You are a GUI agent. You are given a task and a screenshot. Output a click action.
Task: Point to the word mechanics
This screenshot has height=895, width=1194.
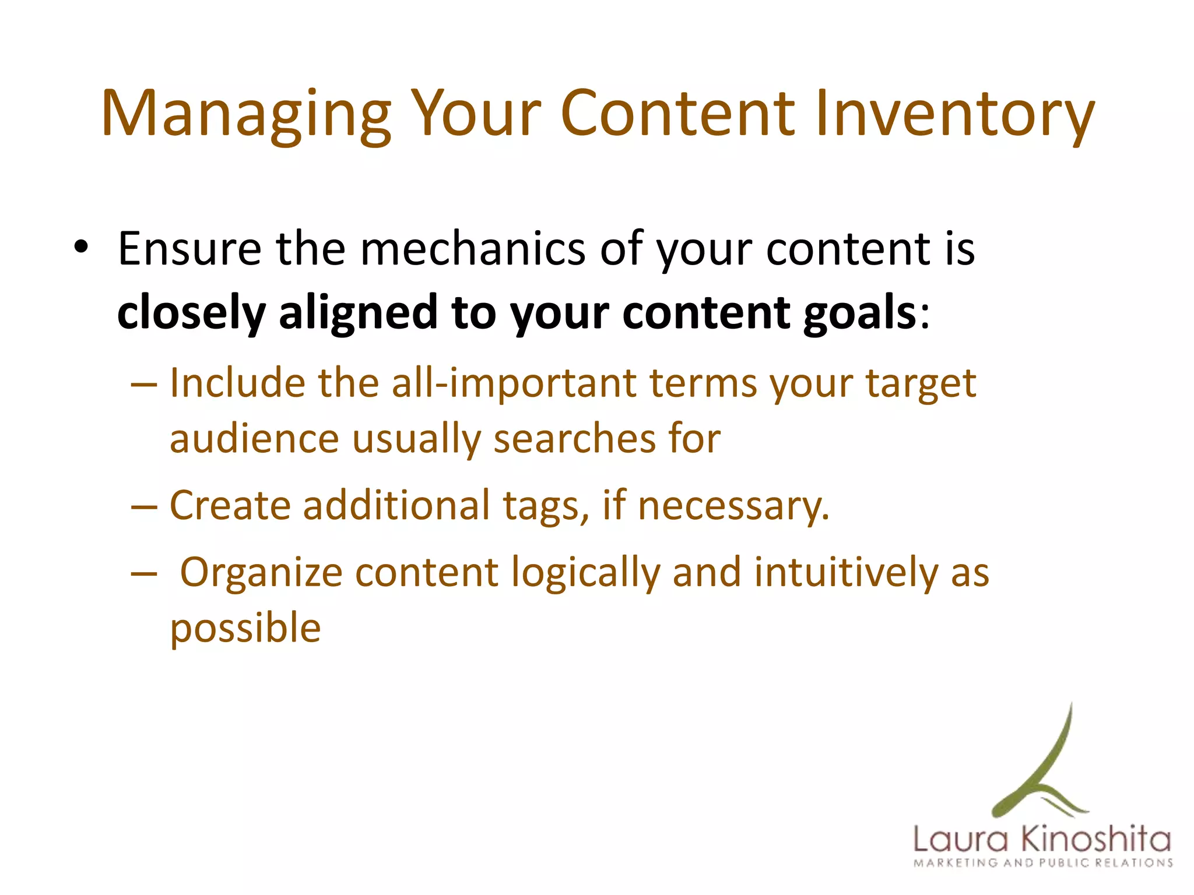(472, 249)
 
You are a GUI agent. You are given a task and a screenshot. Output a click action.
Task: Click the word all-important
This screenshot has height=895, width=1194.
(514, 384)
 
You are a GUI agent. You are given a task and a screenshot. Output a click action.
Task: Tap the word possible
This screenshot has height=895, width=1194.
(245, 628)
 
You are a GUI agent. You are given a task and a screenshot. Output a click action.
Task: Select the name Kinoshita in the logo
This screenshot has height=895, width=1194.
(1096, 840)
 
